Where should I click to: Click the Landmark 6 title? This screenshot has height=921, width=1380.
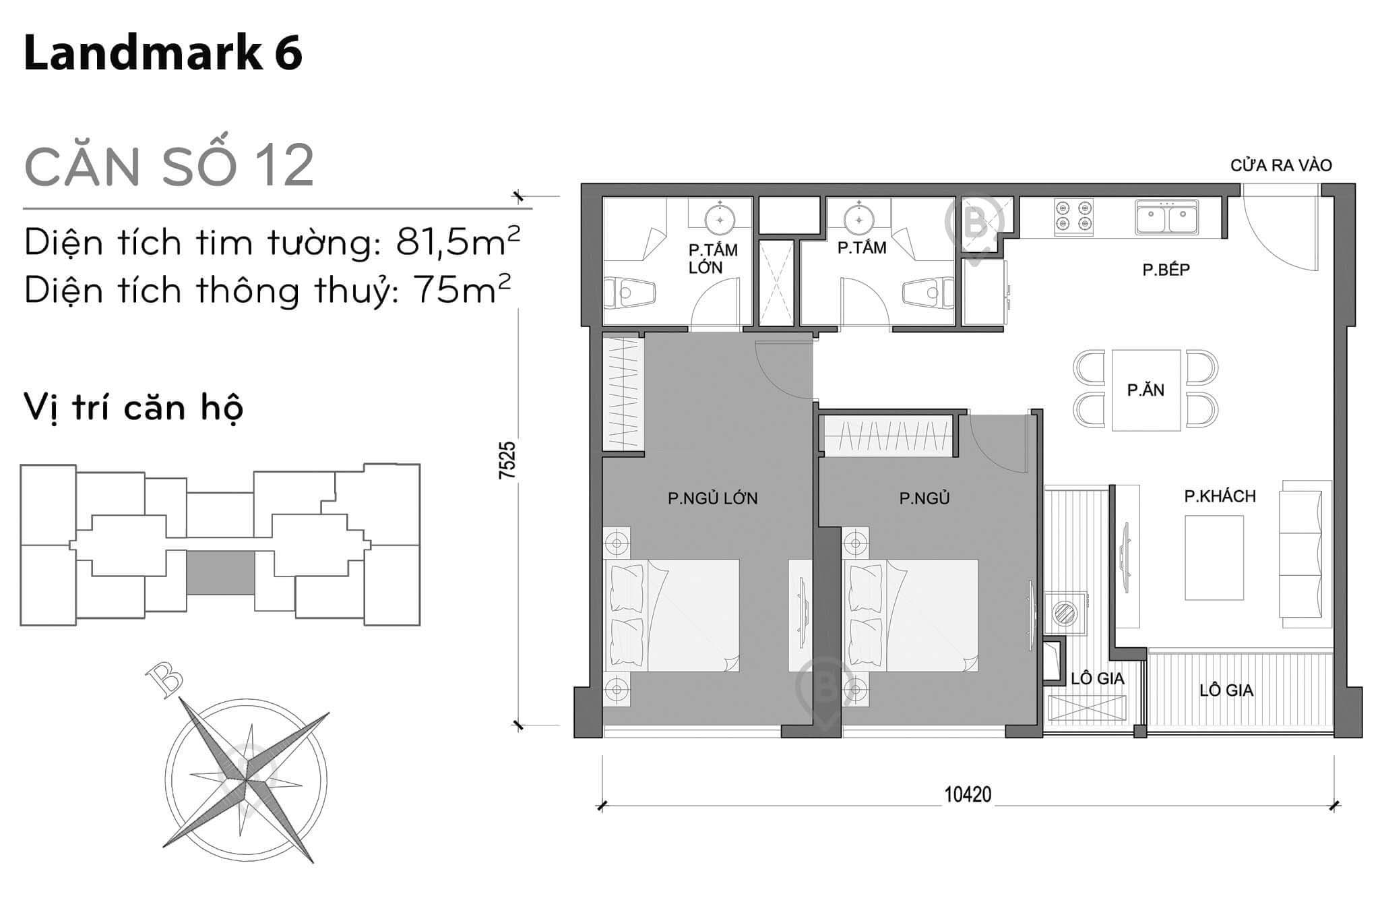(x=163, y=54)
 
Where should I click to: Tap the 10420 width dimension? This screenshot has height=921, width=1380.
(x=968, y=794)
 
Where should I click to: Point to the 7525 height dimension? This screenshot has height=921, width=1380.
(x=507, y=460)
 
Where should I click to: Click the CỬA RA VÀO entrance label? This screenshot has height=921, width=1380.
(x=1281, y=165)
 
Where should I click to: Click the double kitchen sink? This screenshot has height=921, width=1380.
(x=1166, y=217)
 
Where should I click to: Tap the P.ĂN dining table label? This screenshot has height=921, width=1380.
(x=1146, y=390)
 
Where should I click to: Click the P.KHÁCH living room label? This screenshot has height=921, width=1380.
(x=1220, y=496)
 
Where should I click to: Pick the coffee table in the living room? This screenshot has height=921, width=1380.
(x=1214, y=558)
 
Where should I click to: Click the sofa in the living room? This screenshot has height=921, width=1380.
(x=1305, y=549)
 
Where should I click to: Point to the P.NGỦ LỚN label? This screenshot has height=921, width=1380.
(x=712, y=498)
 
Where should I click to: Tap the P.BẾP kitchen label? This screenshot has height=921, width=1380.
(x=1166, y=270)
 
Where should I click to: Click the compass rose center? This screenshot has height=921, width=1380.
(x=247, y=781)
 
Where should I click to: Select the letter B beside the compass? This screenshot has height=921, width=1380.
(x=164, y=678)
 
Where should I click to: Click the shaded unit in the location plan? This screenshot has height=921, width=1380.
(x=220, y=572)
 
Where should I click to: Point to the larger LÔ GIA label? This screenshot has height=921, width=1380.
(x=1226, y=690)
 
